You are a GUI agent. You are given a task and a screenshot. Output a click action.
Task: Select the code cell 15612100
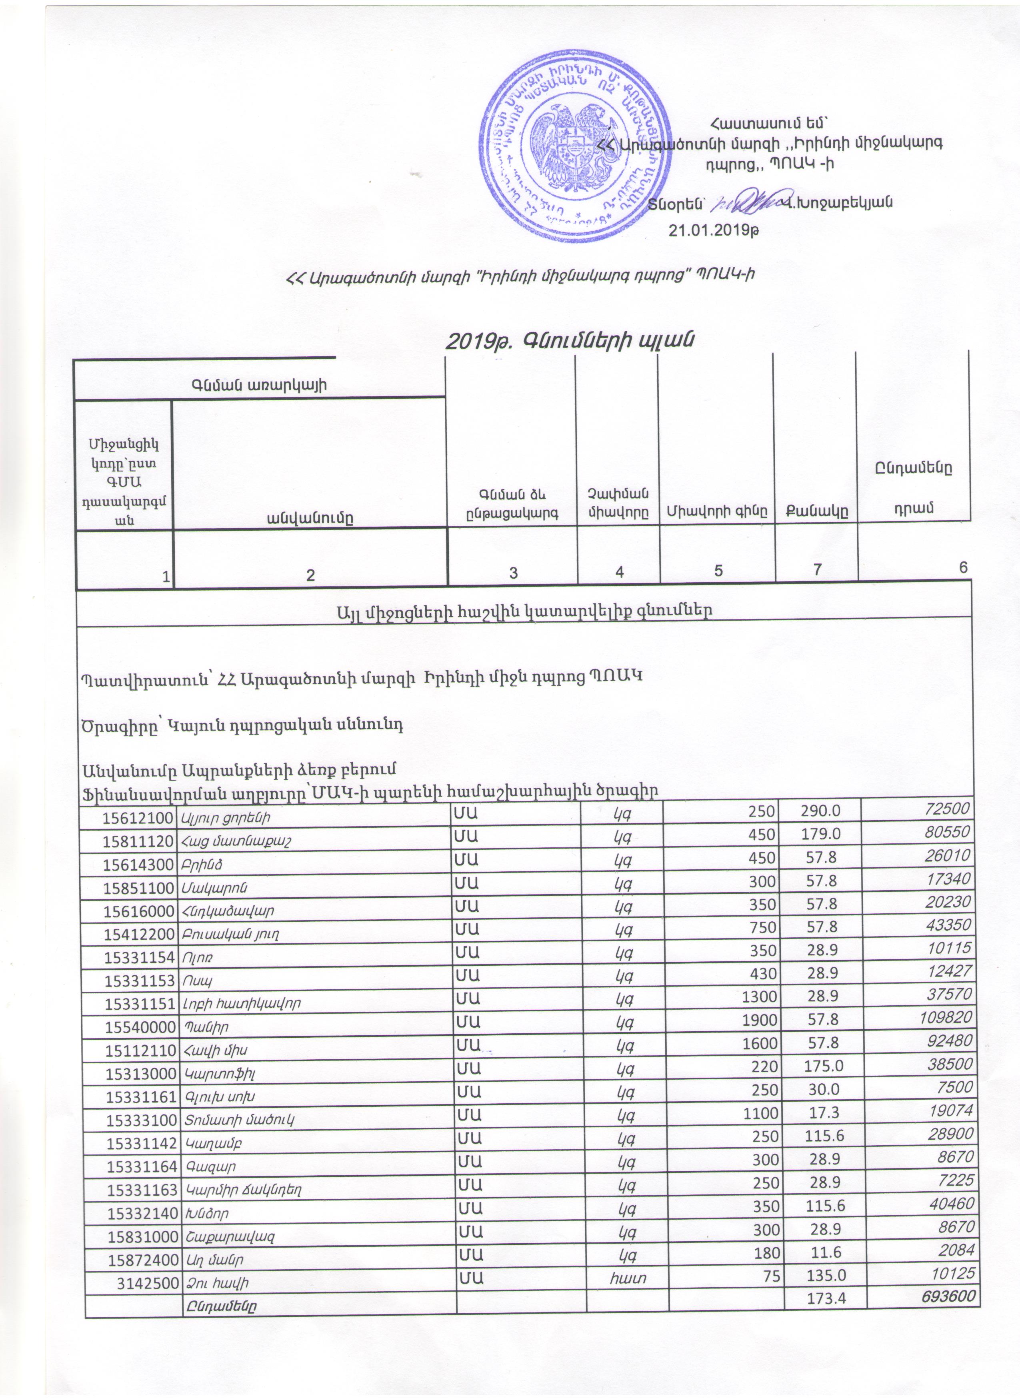pyautogui.click(x=137, y=819)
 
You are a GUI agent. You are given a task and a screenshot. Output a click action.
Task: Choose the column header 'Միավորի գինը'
pyautogui.click(x=717, y=511)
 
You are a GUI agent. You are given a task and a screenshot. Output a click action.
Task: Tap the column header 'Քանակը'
pyautogui.click(x=816, y=511)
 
